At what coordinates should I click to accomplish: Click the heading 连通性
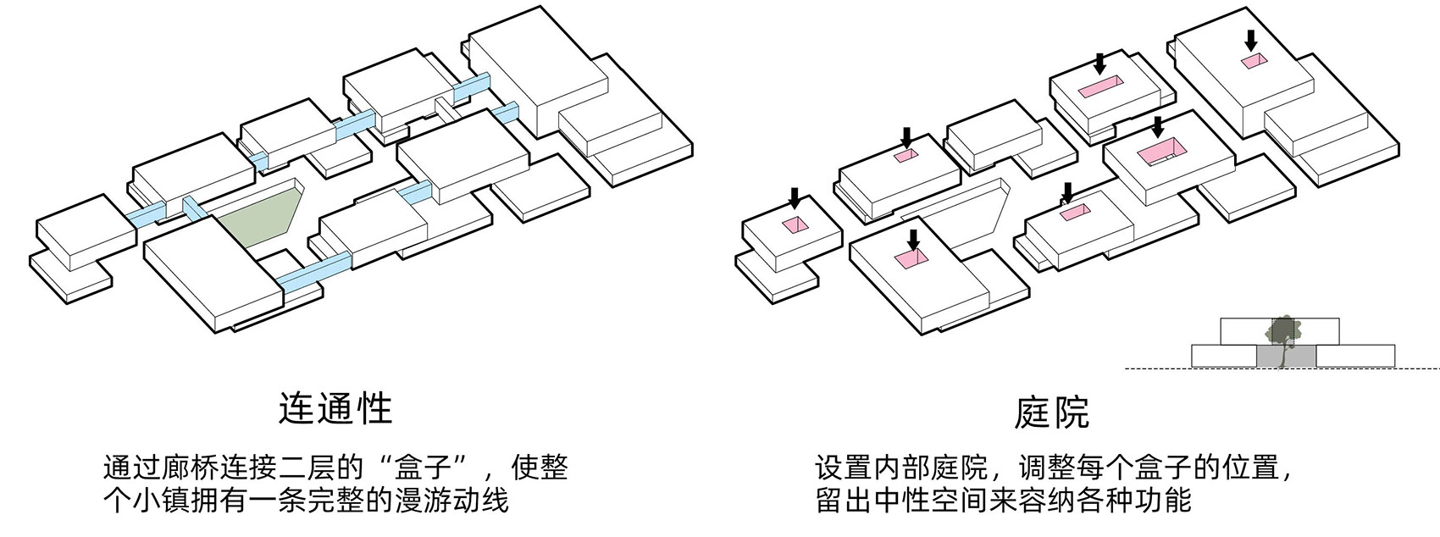(335, 408)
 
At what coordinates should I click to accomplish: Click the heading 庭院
(1051, 412)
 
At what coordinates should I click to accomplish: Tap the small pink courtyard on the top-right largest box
(1254, 60)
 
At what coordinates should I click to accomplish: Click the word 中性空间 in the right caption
(928, 501)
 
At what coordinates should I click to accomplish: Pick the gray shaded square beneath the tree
(1286, 357)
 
